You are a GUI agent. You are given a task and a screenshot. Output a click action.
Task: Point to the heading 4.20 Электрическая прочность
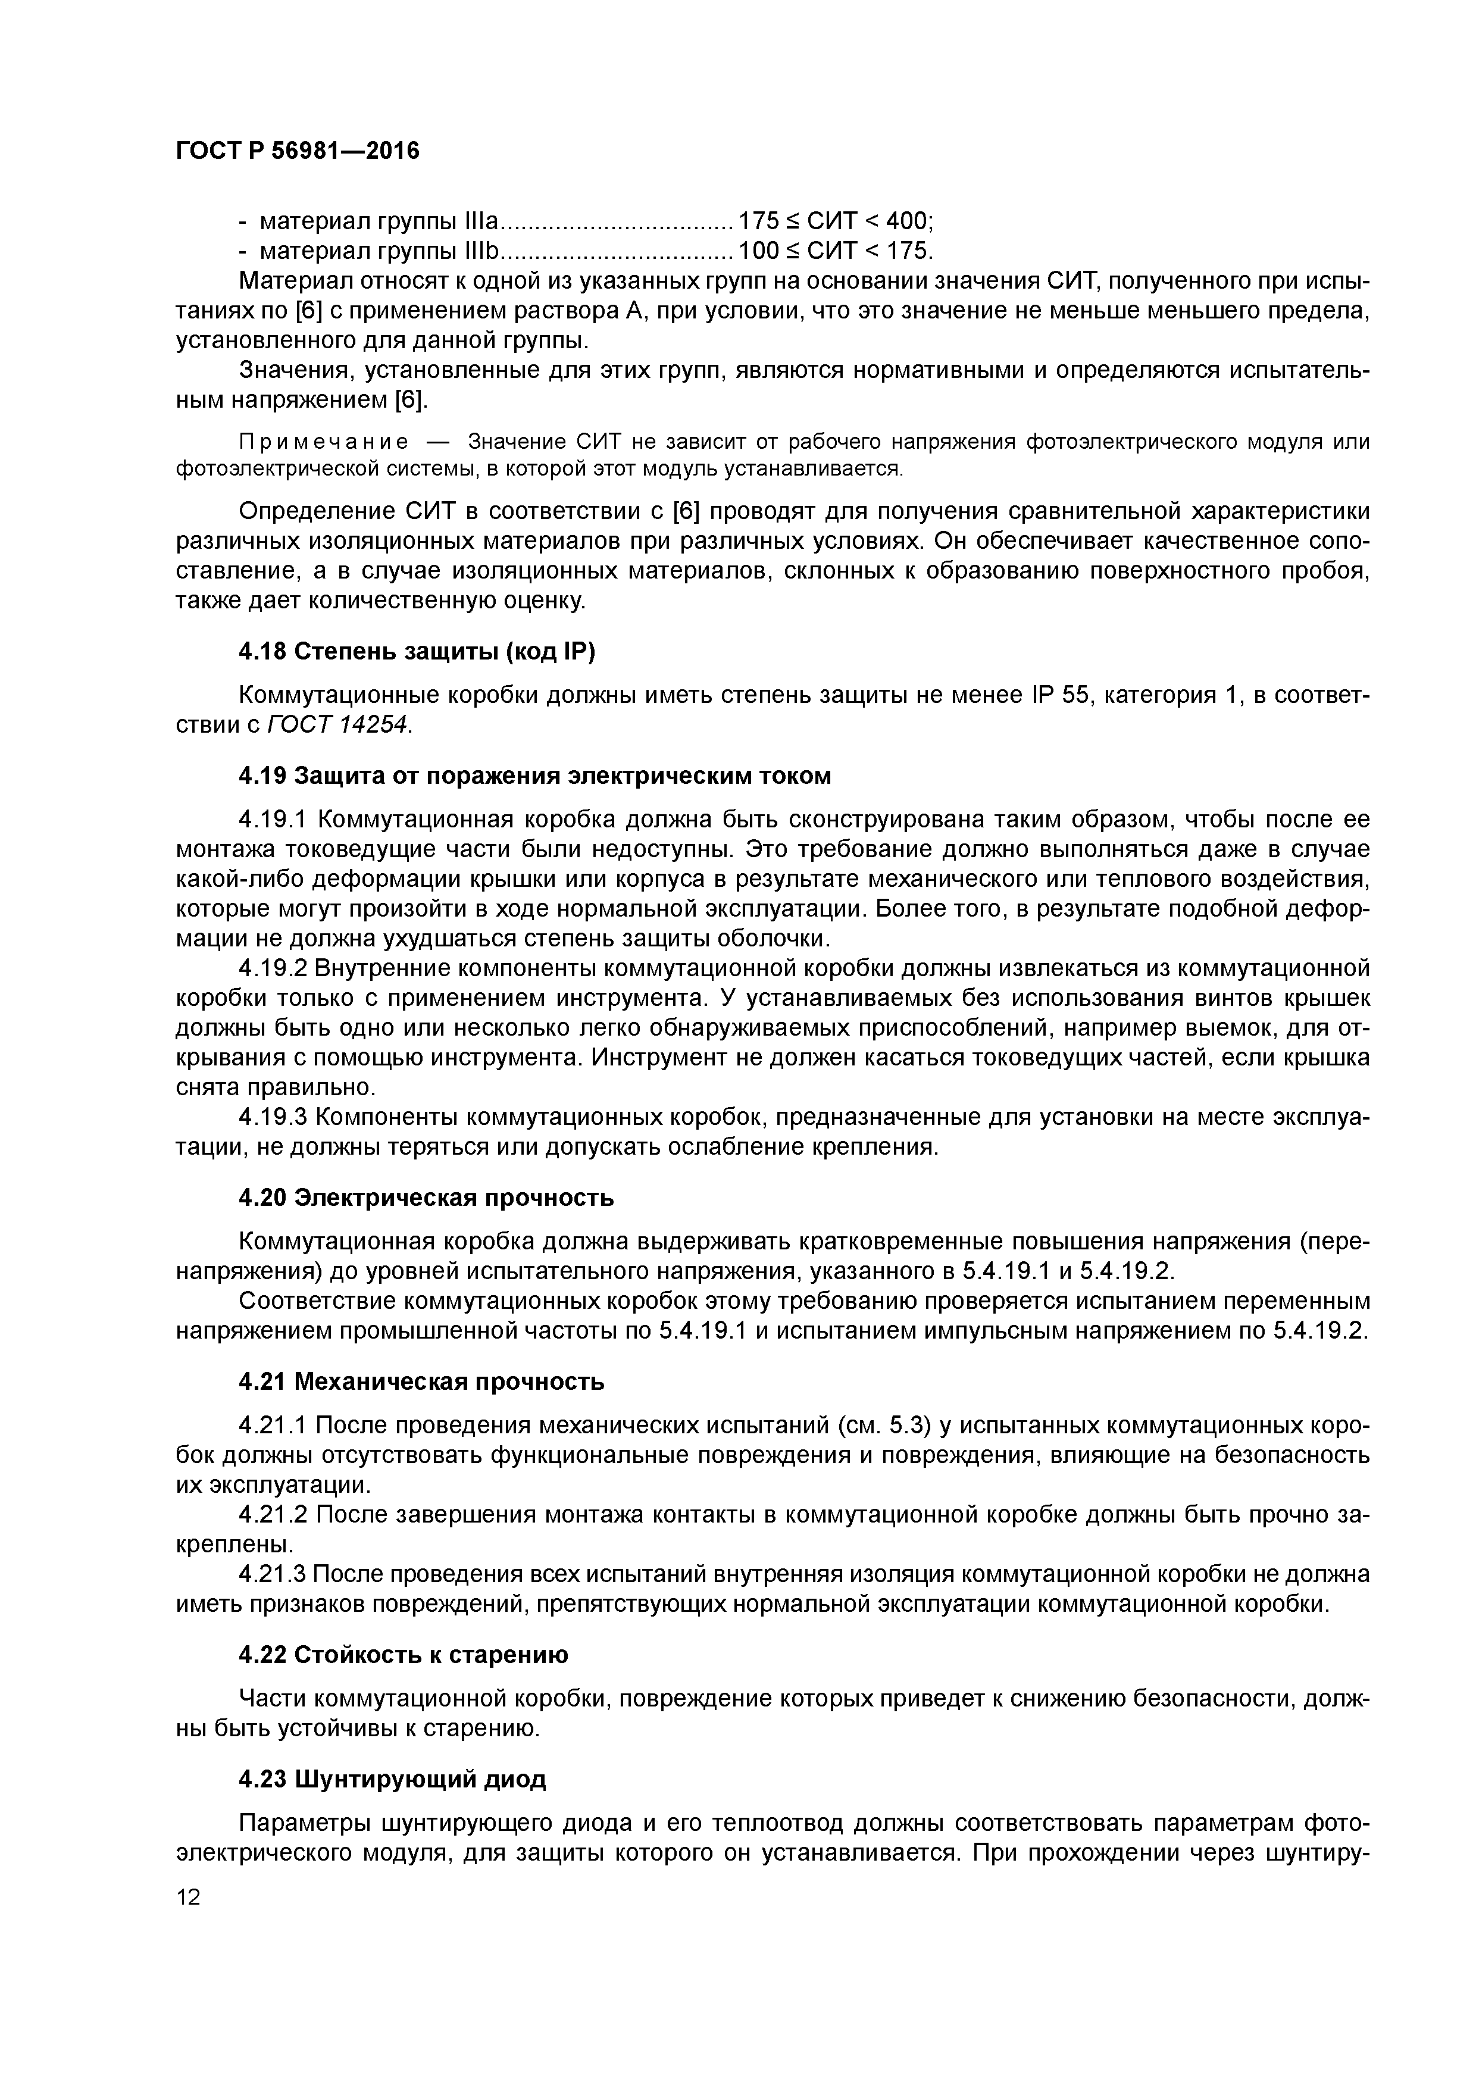pos(426,1198)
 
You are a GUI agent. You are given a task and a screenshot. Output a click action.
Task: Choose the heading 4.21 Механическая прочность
pos(421,1381)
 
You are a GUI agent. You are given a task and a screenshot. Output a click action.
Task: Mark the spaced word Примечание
pos(323,442)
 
